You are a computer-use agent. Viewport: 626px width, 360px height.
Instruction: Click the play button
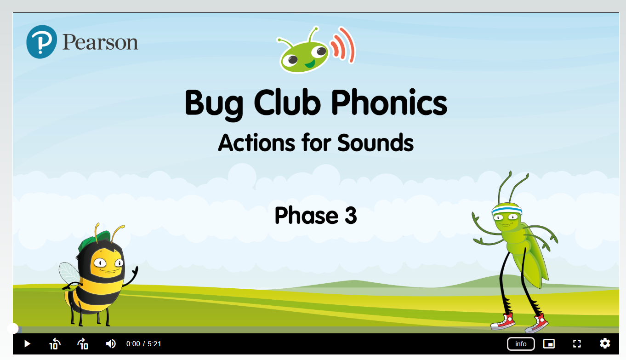point(27,344)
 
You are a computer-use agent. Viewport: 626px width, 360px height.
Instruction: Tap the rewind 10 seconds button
point(55,344)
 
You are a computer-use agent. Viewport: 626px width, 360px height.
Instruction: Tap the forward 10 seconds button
point(83,344)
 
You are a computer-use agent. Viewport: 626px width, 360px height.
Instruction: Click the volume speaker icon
point(111,344)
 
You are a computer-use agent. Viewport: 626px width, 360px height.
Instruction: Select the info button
point(521,344)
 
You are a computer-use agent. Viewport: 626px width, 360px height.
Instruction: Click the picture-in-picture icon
point(549,344)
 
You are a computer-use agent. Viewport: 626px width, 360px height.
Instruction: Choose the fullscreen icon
point(577,344)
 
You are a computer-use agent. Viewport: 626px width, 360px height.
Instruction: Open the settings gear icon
point(605,343)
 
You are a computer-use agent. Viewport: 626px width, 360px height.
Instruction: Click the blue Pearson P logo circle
point(42,42)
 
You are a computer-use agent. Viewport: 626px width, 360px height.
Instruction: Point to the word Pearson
point(100,42)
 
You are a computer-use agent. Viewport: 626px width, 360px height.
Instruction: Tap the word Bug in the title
point(214,104)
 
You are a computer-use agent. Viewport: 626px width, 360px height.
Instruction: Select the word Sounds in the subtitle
point(376,143)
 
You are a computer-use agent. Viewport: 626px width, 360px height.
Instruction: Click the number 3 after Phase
point(351,215)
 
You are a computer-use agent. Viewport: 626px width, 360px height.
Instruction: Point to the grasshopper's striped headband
point(506,210)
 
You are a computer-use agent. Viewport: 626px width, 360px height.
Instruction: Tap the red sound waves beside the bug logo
point(342,45)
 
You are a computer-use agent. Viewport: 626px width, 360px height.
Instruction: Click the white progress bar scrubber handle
point(13,329)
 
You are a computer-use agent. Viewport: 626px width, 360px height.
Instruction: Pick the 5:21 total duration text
point(154,344)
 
